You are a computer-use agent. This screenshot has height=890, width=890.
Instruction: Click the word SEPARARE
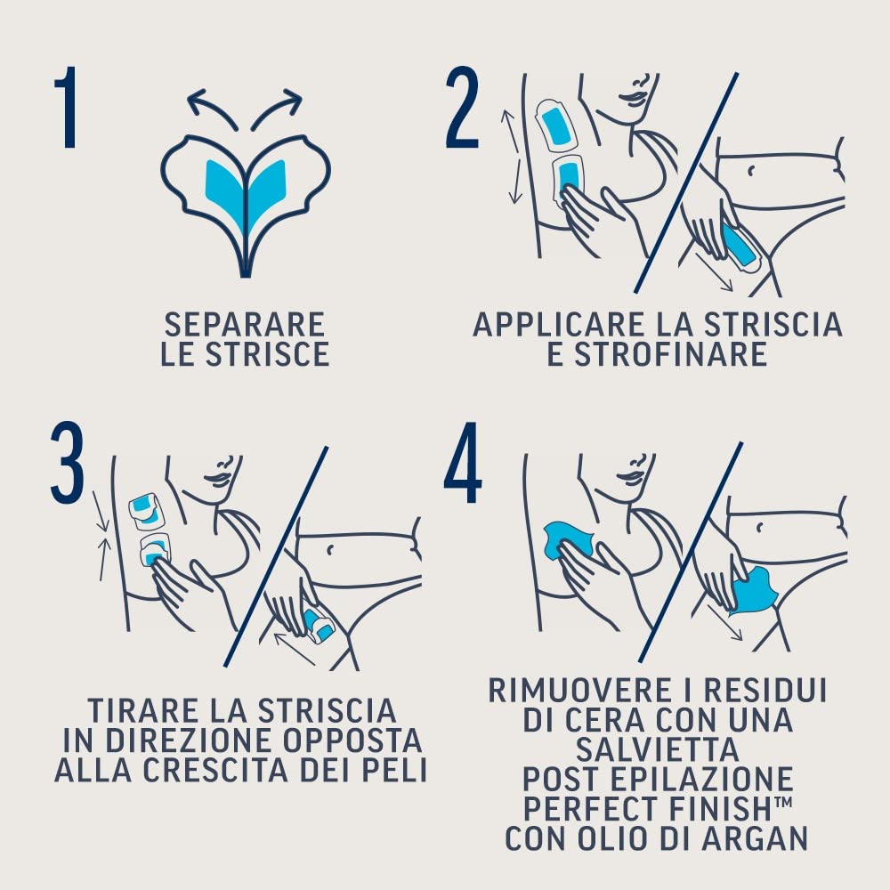[x=244, y=324]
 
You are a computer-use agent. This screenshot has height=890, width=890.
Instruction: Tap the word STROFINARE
[x=657, y=354]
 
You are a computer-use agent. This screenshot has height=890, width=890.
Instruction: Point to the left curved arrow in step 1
[x=210, y=105]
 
